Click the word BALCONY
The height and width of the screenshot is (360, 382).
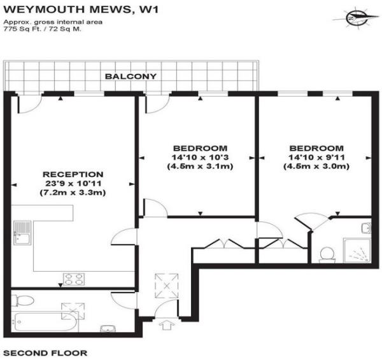[131, 76]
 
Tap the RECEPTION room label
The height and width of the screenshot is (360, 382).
[73, 174]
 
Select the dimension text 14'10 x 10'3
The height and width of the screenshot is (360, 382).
[201, 157]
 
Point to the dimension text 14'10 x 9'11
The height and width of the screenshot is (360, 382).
[316, 157]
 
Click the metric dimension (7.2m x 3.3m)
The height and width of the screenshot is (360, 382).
[73, 193]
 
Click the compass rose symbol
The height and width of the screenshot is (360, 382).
[357, 18]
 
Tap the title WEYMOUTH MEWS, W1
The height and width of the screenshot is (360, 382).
[81, 10]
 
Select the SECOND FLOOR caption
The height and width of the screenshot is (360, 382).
[45, 353]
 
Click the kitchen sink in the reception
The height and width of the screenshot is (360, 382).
[22, 232]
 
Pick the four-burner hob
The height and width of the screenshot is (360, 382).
[74, 279]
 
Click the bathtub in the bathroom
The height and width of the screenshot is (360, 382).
[45, 322]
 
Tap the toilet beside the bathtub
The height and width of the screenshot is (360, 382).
[23, 301]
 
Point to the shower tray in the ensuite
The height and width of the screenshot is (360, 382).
[357, 251]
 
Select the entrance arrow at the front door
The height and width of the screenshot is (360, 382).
[166, 325]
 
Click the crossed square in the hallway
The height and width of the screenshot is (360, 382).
[167, 286]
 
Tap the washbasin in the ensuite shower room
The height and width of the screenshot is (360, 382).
[367, 228]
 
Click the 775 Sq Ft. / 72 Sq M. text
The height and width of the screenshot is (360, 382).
[42, 29]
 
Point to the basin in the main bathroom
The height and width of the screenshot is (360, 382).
[108, 329]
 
